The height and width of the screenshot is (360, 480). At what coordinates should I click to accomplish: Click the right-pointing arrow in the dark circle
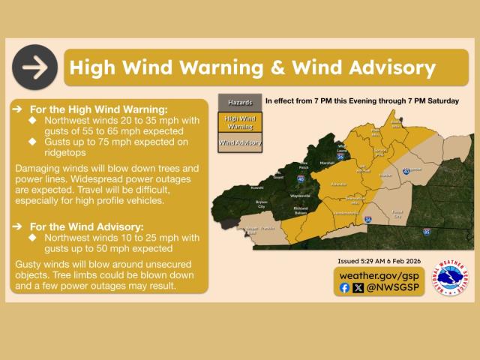pyautogui.click(x=34, y=67)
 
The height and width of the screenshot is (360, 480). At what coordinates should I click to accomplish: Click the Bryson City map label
pyautogui.click(x=261, y=203)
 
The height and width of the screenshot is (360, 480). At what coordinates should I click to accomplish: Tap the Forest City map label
pyautogui.click(x=397, y=214)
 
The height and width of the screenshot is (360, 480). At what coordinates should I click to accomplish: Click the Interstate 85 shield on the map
pyautogui.click(x=427, y=231)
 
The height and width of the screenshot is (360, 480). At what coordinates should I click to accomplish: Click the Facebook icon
pyautogui.click(x=344, y=287)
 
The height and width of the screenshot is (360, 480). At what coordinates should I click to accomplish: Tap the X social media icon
pyautogui.click(x=358, y=287)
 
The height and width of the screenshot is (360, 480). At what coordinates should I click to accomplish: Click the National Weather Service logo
pyautogui.click(x=451, y=280)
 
